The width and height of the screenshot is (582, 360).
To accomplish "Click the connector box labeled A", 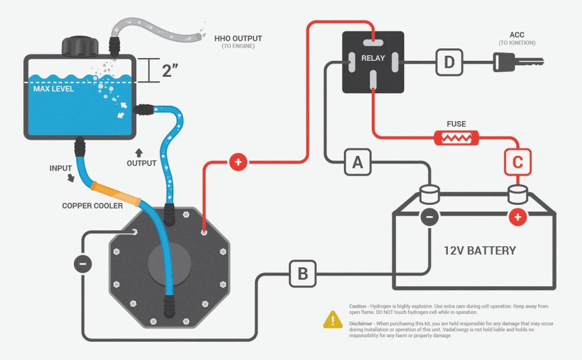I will click(x=357, y=163).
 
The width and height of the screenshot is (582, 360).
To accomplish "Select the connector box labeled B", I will click(x=302, y=274).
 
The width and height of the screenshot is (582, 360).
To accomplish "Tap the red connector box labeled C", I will click(x=517, y=163).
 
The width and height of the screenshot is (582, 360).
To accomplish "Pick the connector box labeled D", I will click(x=449, y=63).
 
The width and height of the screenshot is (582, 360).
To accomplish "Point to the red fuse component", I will click(x=457, y=138).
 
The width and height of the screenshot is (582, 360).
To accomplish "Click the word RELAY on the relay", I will click(x=373, y=58).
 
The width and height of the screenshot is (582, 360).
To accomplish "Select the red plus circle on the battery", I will click(x=517, y=216).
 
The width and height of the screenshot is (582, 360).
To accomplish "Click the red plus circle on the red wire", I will click(x=238, y=163).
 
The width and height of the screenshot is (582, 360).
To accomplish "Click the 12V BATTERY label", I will click(x=480, y=250).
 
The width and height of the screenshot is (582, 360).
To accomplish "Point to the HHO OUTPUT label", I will click(x=238, y=39).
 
